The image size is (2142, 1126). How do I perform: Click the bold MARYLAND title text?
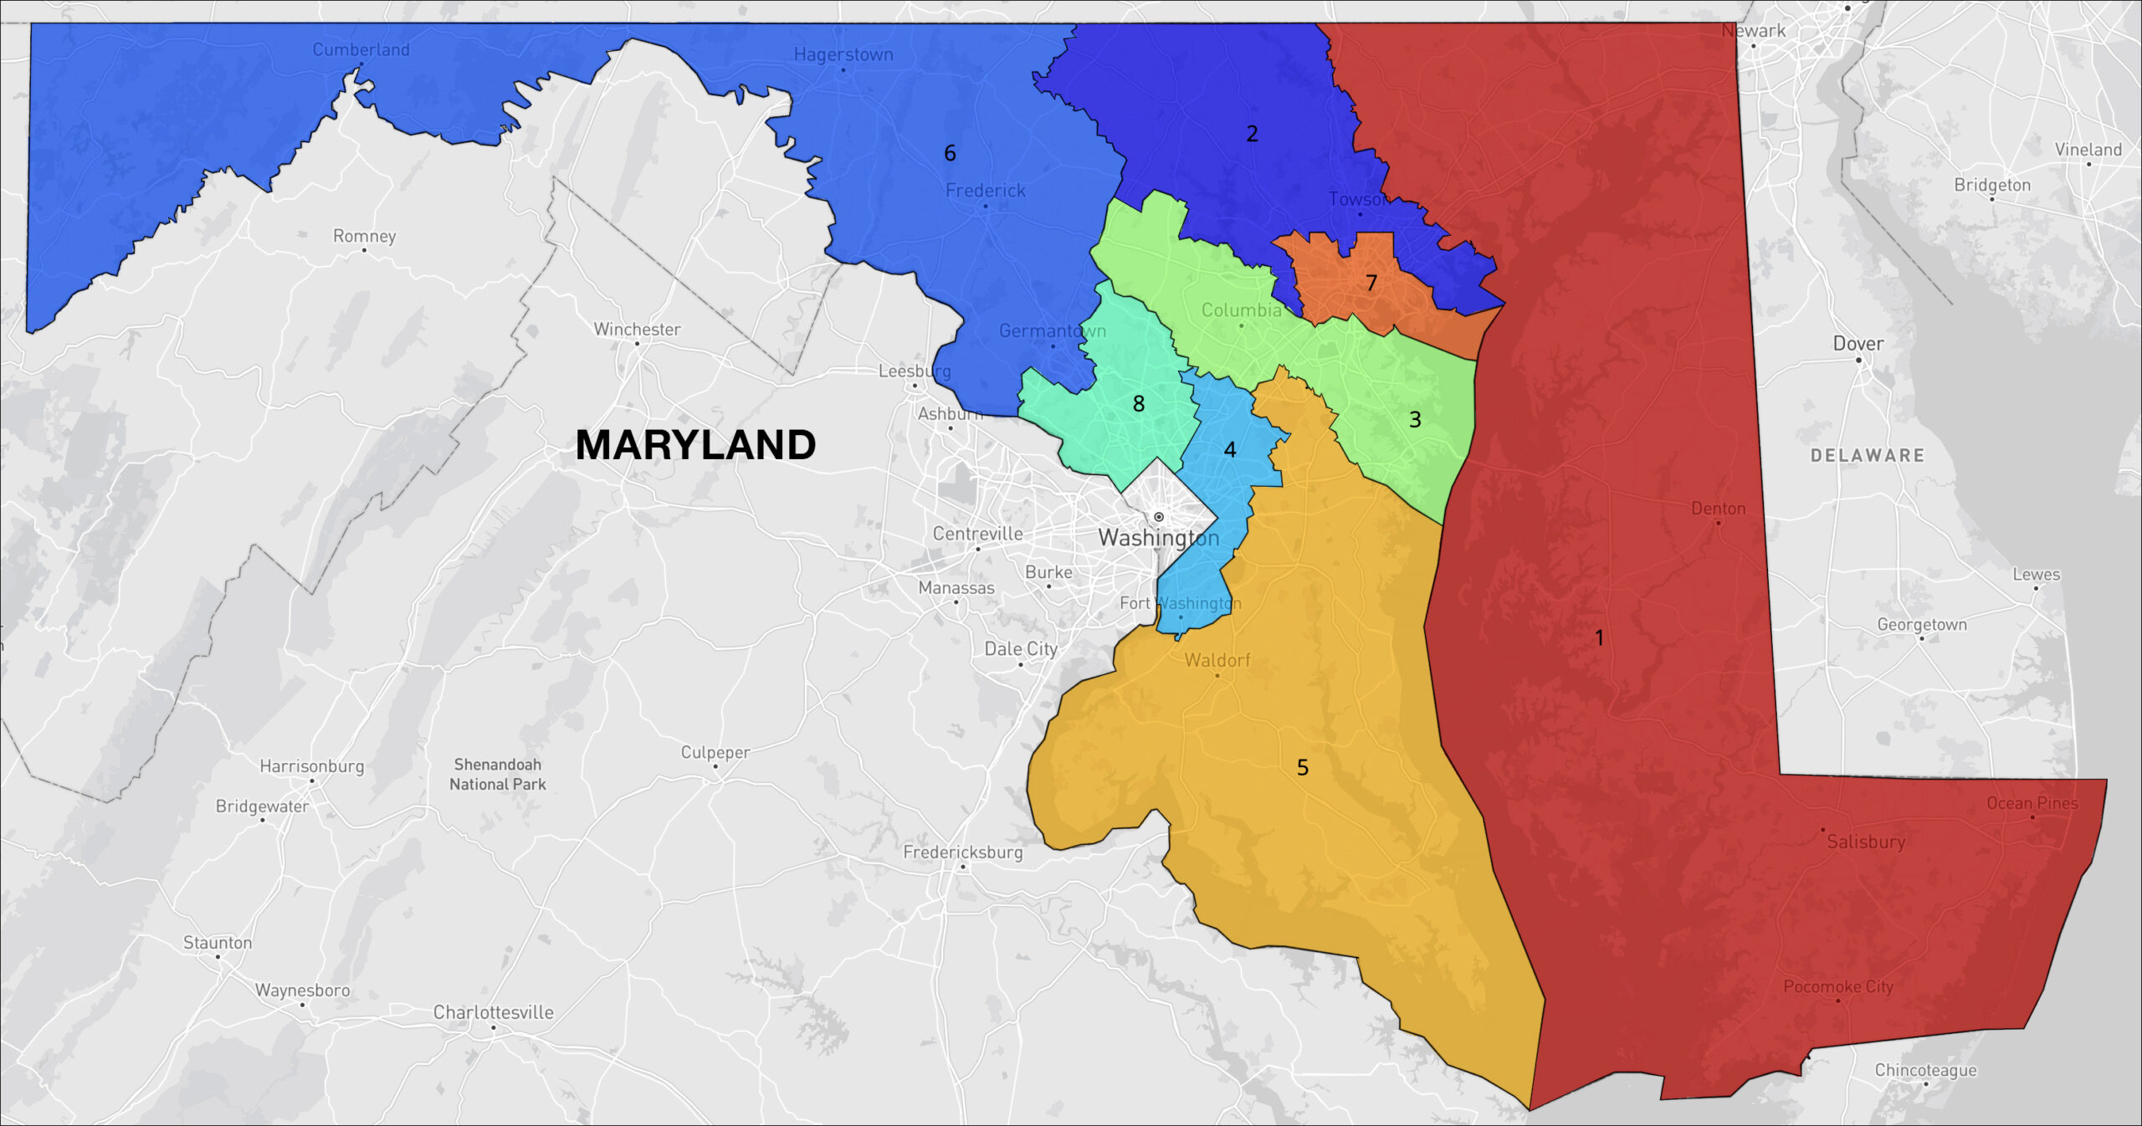pyautogui.click(x=695, y=444)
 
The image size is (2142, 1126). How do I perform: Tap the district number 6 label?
pyautogui.click(x=950, y=153)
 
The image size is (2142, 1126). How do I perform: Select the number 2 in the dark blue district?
pyautogui.click(x=1252, y=134)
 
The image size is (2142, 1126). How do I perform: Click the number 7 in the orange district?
pyautogui.click(x=1371, y=283)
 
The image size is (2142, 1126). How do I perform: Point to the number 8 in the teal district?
pyautogui.click(x=1138, y=404)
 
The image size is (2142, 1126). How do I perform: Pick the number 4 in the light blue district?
pyautogui.click(x=1229, y=450)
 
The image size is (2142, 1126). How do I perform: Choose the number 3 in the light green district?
pyautogui.click(x=1415, y=420)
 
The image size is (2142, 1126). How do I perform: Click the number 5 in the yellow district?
pyautogui.click(x=1302, y=767)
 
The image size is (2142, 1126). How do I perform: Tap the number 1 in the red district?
pyautogui.click(x=1599, y=638)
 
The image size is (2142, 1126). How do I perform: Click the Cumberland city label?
pyautogui.click(x=361, y=49)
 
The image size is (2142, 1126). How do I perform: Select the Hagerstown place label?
pyautogui.click(x=843, y=54)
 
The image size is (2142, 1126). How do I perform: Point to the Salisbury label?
pyautogui.click(x=1866, y=842)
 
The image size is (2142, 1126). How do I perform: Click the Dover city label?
pyautogui.click(x=1858, y=344)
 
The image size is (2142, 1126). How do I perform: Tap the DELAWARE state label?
pyautogui.click(x=1867, y=456)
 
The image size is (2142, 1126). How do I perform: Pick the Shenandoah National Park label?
pyautogui.click(x=498, y=774)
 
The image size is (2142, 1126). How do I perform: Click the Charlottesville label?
pyautogui.click(x=493, y=1012)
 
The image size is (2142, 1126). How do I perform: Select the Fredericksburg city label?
pyautogui.click(x=962, y=852)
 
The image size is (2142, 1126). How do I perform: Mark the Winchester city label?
pyautogui.click(x=637, y=330)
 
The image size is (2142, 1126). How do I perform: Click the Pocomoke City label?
pyautogui.click(x=1837, y=986)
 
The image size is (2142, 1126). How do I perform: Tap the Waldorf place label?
pyautogui.click(x=1217, y=660)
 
